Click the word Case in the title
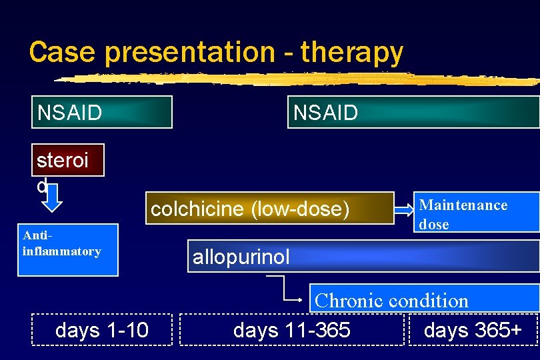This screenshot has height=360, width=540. pyautogui.click(x=55, y=52)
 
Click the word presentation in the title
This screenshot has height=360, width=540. pyautogui.click(x=184, y=52)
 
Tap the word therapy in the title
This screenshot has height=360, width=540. pyautogui.click(x=352, y=52)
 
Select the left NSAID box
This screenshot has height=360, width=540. pyautogui.click(x=102, y=112)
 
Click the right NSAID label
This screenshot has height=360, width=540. pyautogui.click(x=326, y=113)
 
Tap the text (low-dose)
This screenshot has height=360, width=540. pyautogui.click(x=300, y=209)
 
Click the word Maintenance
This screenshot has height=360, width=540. pyautogui.click(x=463, y=205)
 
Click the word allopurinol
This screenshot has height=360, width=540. pyautogui.click(x=241, y=257)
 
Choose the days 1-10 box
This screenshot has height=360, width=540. pyautogui.click(x=102, y=329)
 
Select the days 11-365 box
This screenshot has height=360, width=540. pyautogui.click(x=292, y=329)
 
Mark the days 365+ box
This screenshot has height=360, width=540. pyautogui.click(x=473, y=329)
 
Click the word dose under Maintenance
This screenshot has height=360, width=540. pyautogui.click(x=434, y=225)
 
